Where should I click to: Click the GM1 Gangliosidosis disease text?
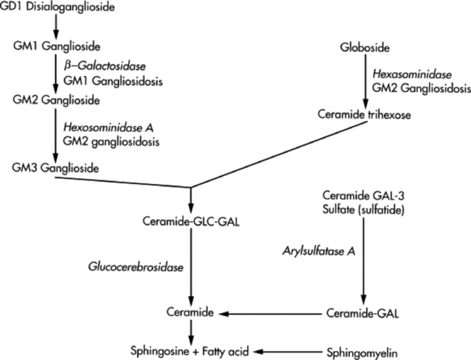tap(107, 78)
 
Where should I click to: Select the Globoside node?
tap(364, 49)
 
